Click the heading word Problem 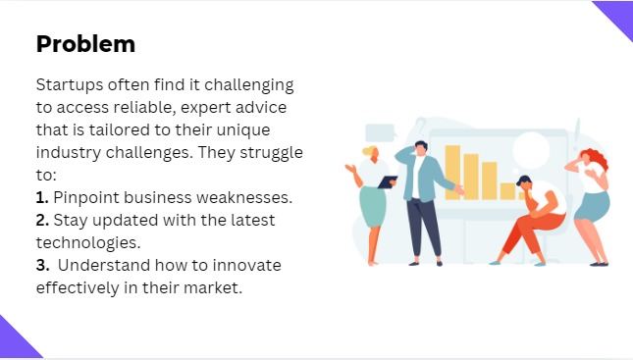coord(85,44)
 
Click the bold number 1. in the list coord(42,197)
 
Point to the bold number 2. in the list coord(43,220)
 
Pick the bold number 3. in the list coord(43,266)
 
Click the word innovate coord(248,266)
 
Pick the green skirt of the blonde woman coord(372,207)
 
